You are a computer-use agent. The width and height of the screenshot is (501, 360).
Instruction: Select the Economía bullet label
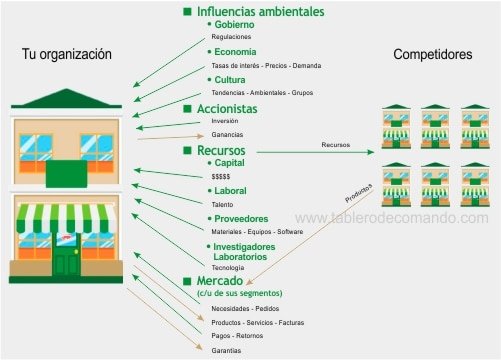coord(235,52)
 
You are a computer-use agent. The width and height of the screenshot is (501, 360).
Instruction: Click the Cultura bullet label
coord(231,79)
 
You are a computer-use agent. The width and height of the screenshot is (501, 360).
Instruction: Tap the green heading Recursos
coord(221,150)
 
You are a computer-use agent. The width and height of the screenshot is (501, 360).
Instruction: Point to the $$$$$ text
coord(221,176)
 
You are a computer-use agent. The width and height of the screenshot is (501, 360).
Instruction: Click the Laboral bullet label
coord(230,190)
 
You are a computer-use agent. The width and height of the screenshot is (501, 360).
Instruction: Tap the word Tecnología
coord(228,268)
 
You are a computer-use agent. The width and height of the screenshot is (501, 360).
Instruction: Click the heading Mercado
coord(220,281)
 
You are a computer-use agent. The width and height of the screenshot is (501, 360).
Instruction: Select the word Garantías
coord(226,351)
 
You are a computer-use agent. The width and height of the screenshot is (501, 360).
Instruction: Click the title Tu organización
coord(67,54)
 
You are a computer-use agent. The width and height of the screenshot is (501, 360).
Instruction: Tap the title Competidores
coord(433,54)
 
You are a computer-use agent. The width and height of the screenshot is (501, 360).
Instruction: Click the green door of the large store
coord(67,262)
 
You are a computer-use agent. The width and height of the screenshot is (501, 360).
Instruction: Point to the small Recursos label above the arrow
coord(335,145)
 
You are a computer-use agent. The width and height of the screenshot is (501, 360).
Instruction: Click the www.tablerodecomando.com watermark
coord(392,218)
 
